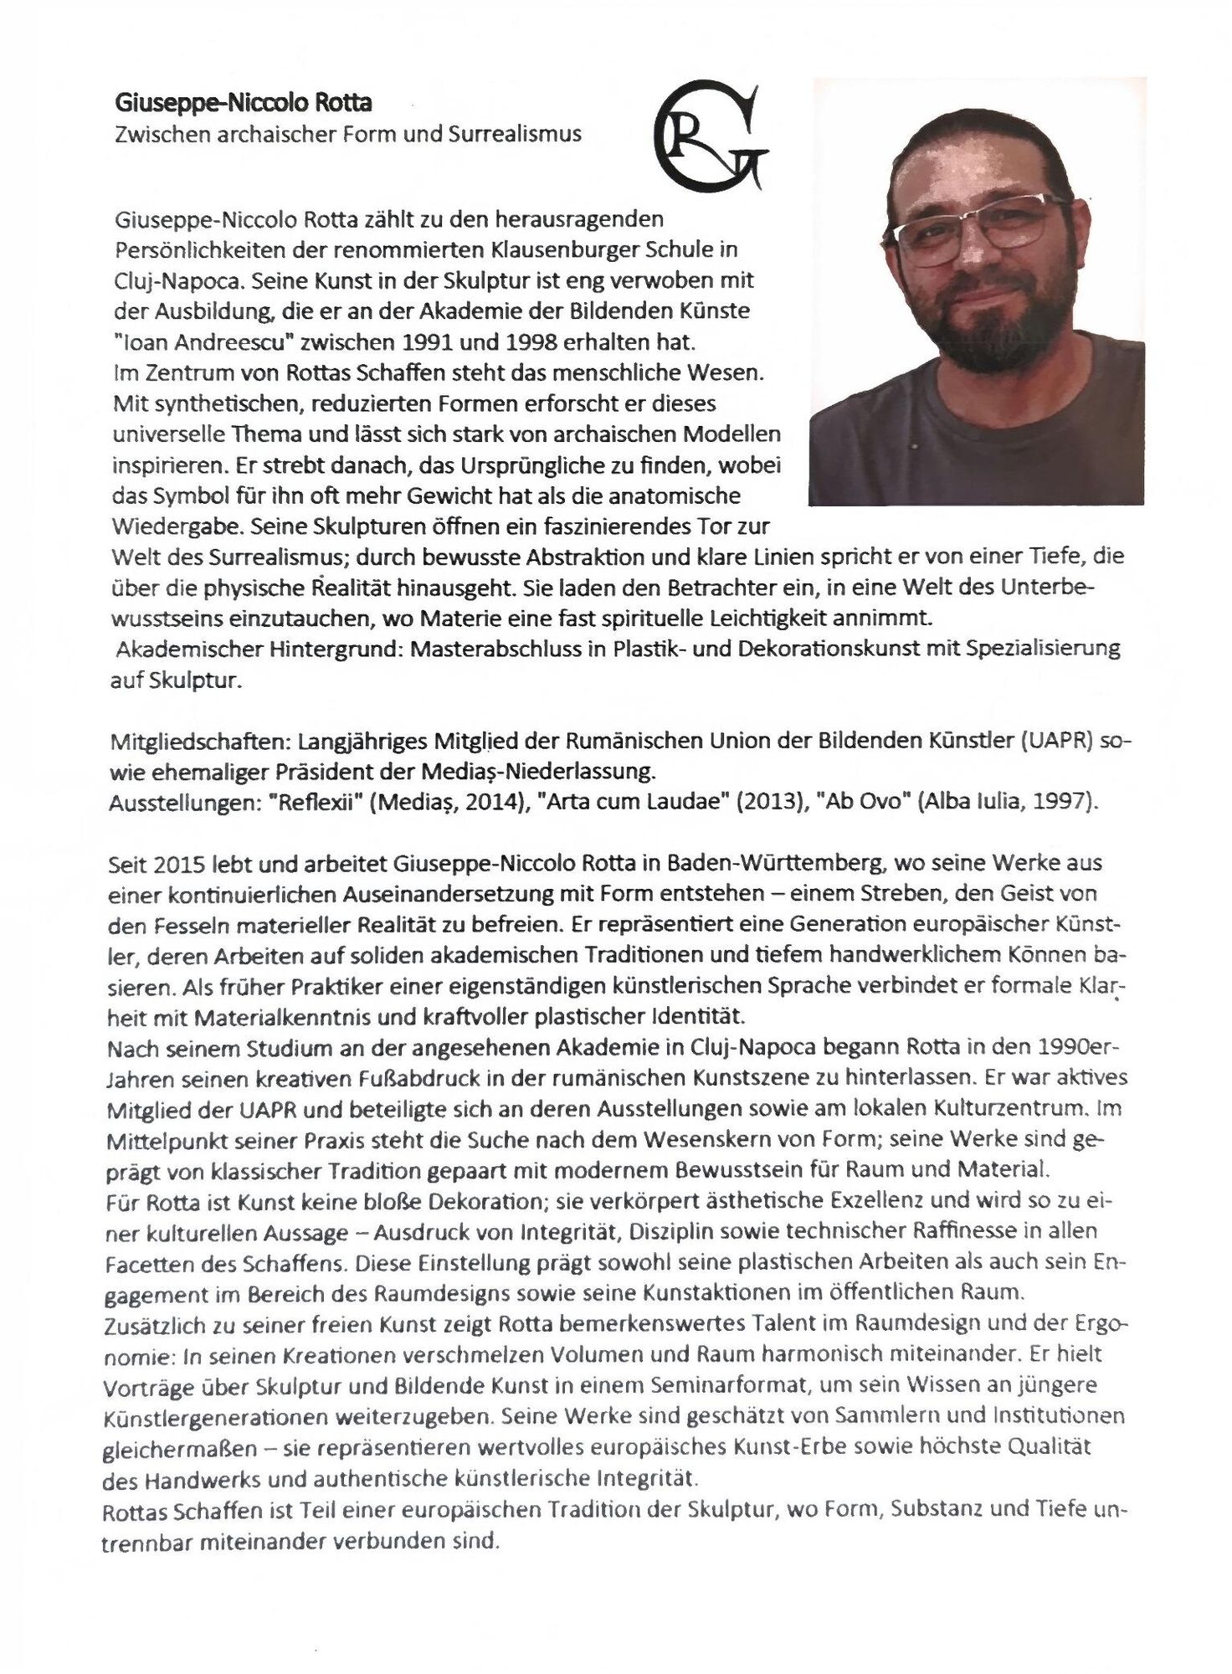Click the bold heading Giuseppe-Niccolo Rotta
coord(243,103)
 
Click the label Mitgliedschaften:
coord(201,742)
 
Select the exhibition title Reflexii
coord(317,802)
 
